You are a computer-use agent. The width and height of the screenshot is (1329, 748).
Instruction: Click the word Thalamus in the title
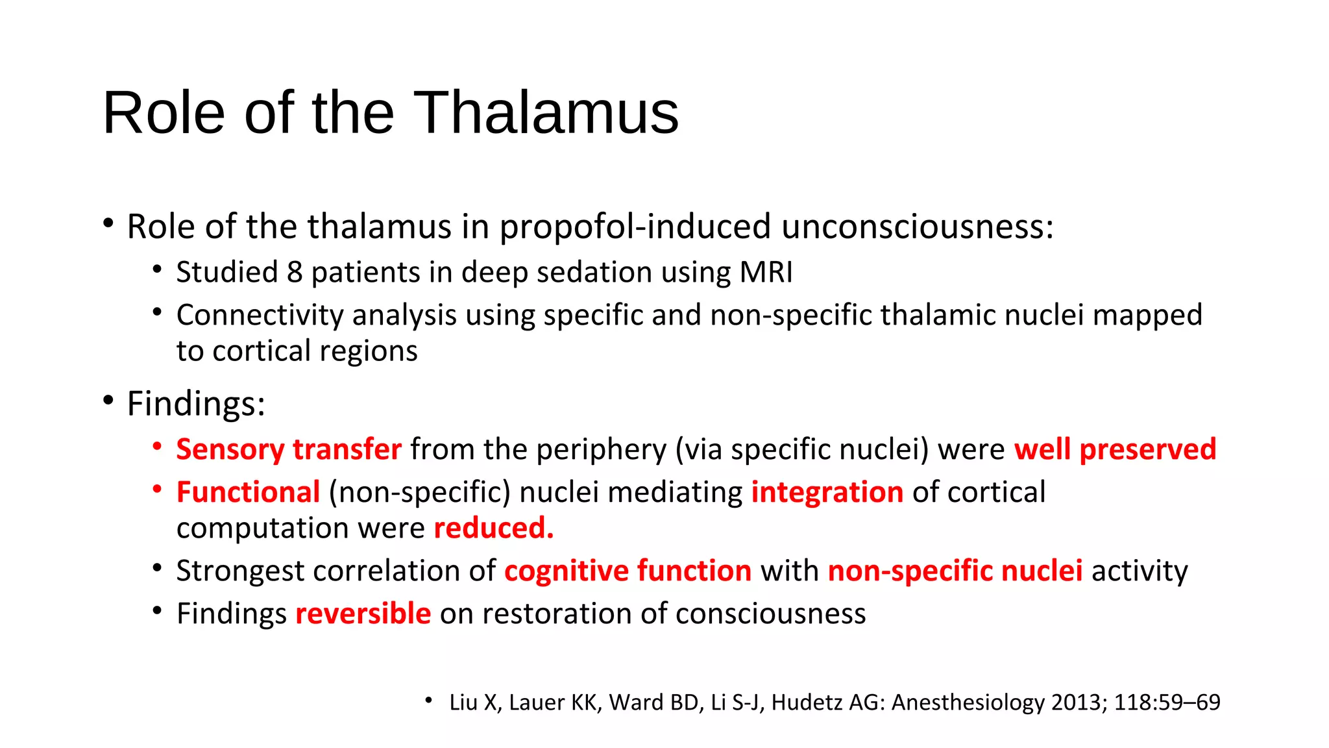(x=546, y=113)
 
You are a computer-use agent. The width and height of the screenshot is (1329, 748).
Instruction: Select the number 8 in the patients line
(x=295, y=272)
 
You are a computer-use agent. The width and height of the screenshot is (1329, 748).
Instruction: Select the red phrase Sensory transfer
(x=289, y=449)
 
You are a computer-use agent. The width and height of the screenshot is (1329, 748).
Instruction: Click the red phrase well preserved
(x=1115, y=449)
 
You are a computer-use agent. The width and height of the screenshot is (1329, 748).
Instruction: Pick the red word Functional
(x=248, y=492)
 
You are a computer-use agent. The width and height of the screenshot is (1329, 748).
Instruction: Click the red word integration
(x=827, y=492)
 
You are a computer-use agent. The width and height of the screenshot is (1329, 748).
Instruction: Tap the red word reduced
(x=493, y=528)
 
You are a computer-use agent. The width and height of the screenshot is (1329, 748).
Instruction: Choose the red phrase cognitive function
(x=628, y=571)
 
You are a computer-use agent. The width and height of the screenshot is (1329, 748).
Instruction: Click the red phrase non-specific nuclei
(x=955, y=571)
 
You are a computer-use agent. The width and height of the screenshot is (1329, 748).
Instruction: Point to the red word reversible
(x=363, y=614)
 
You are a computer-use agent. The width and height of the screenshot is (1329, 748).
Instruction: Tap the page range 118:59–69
(x=1167, y=703)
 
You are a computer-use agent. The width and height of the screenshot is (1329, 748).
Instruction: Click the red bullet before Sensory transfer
(x=156, y=446)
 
